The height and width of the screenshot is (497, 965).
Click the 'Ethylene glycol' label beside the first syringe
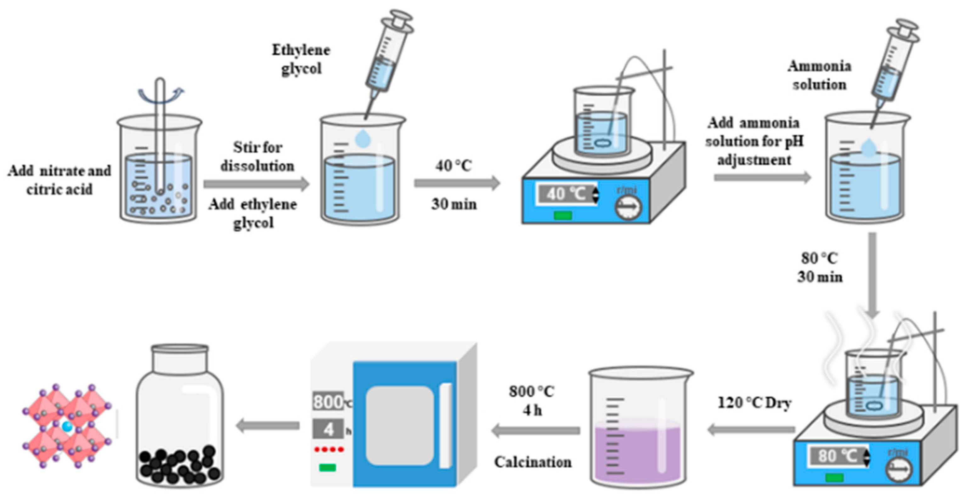click(301, 59)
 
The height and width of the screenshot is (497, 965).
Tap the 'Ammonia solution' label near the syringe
click(819, 75)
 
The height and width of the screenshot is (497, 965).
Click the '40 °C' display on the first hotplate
click(566, 194)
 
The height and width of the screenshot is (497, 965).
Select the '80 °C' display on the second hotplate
click(838, 456)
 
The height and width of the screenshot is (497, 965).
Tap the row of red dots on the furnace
click(329, 449)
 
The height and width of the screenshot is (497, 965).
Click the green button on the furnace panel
click(327, 467)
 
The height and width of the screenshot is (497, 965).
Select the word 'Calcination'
click(533, 462)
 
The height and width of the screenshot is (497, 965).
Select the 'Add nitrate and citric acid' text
click(59, 180)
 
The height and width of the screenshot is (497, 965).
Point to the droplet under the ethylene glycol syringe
click(363, 138)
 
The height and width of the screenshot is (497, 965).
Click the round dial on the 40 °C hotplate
click(628, 206)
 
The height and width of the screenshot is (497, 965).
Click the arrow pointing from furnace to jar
click(268, 426)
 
